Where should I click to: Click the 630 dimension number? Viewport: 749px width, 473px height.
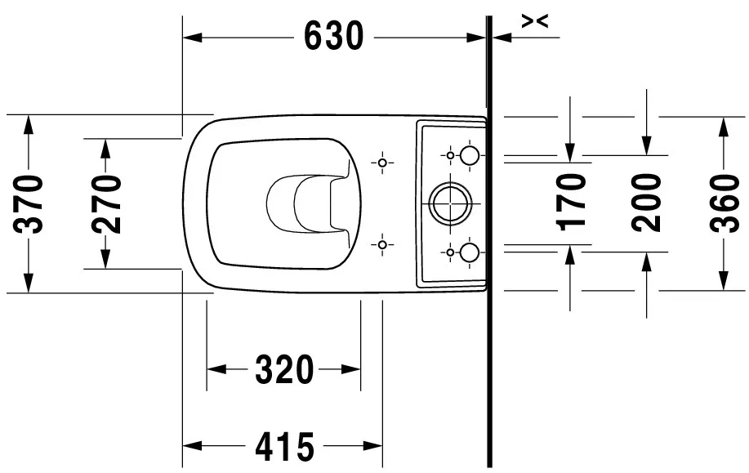334,36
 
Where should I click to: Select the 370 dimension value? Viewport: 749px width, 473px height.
28,204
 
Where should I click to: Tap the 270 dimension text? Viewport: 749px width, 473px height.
106,204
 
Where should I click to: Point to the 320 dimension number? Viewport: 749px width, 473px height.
285,369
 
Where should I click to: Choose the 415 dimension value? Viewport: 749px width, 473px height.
285,447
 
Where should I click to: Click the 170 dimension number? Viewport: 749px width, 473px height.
572,203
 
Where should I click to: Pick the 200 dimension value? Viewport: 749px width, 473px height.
646,203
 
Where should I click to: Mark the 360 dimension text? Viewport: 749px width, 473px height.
724,203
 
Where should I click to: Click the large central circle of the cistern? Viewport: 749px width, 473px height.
450,203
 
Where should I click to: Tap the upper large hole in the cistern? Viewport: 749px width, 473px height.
469,155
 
